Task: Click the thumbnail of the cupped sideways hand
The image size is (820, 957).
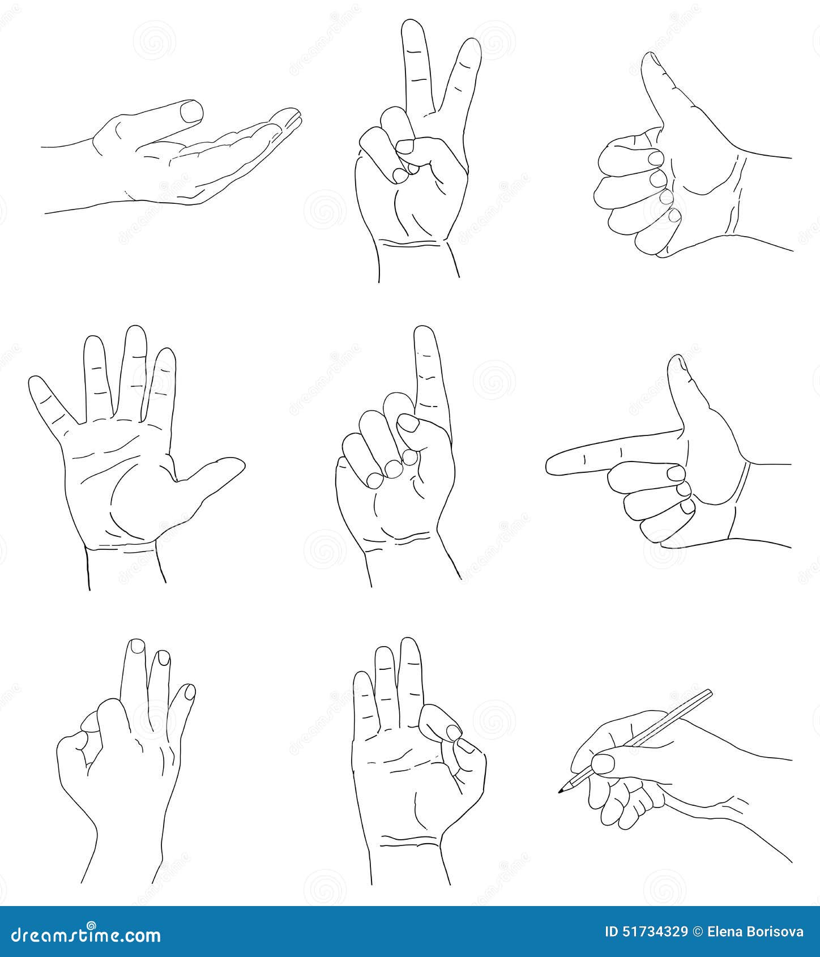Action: (191, 110)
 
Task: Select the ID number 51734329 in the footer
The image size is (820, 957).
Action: (646, 932)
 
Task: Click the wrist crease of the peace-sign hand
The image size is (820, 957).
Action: (412, 244)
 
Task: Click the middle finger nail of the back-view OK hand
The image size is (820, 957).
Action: (137, 646)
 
